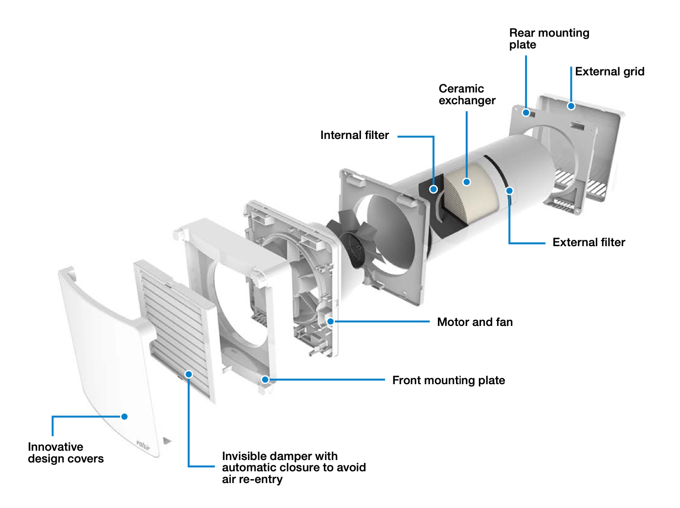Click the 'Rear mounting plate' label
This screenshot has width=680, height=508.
[x=548, y=39]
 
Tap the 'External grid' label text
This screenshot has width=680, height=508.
[x=609, y=71]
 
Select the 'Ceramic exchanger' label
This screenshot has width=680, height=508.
[x=466, y=94]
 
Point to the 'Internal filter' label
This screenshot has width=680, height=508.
[x=354, y=135]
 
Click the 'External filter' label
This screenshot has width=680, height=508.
[x=589, y=242]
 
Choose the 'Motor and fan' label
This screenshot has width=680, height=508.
[x=475, y=322]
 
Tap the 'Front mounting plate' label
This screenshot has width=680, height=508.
[x=448, y=380]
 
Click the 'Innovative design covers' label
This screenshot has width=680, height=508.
[x=66, y=453]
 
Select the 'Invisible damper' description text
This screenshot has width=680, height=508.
[x=294, y=467]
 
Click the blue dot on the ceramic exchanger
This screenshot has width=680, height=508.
[x=467, y=182]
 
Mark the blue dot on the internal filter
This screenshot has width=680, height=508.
[x=433, y=189]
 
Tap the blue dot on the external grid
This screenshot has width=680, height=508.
[x=571, y=106]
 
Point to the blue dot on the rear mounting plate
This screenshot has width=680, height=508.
[x=526, y=113]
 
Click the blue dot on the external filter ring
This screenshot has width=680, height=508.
[x=509, y=190]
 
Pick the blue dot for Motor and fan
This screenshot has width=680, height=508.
[x=331, y=322]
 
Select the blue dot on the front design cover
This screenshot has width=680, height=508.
[x=124, y=416]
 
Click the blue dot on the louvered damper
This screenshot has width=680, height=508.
[x=188, y=374]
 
